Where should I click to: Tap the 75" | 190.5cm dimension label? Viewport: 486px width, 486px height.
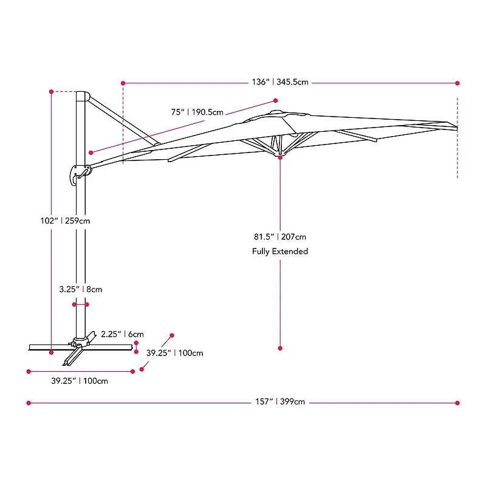pyautogui.click(x=197, y=112)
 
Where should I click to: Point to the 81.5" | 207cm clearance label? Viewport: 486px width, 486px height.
pyautogui.click(x=280, y=236)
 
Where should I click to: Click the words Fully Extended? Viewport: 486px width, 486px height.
pyautogui.click(x=280, y=252)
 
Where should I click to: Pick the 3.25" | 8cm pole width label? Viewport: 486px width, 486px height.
pyautogui.click(x=81, y=290)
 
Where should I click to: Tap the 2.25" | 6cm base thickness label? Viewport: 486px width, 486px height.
pyautogui.click(x=122, y=334)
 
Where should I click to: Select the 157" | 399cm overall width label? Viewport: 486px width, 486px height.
pyautogui.click(x=280, y=402)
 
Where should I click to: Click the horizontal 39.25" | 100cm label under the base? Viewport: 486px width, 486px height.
pyautogui.click(x=80, y=381)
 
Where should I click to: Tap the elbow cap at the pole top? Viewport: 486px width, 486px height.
pyautogui.click(x=83, y=97)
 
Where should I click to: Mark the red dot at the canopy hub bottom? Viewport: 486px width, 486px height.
pyautogui.click(x=280, y=157)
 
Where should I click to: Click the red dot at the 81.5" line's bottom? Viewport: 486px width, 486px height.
pyautogui.click(x=280, y=348)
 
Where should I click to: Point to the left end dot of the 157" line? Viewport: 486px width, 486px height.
pyautogui.click(x=28, y=402)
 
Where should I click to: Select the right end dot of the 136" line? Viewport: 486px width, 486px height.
pyautogui.click(x=457, y=83)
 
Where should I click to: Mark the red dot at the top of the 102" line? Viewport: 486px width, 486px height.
pyautogui.click(x=52, y=91)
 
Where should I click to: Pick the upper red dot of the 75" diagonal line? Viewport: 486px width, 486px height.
pyautogui.click(x=275, y=101)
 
